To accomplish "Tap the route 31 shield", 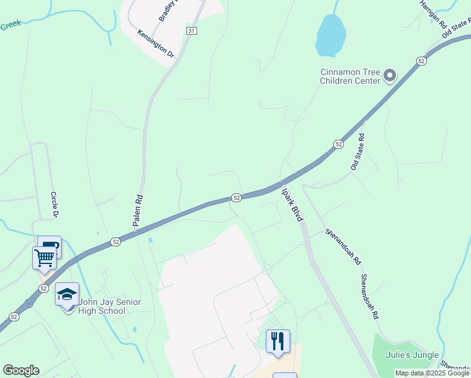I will click(191, 30).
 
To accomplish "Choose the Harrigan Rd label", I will click(434, 13).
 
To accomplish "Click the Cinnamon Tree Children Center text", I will click(350, 76).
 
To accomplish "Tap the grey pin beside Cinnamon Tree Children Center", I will click(390, 76).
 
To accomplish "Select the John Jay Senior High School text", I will click(110, 306).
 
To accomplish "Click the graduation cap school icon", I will click(67, 294).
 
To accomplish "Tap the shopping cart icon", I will click(44, 257).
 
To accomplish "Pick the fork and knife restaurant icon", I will click(278, 341).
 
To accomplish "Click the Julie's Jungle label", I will click(413, 355).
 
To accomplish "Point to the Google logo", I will click(21, 370).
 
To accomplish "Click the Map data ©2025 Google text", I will click(432, 374).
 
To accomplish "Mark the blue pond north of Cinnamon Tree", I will click(330, 35).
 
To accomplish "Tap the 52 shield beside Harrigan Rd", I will click(421, 60).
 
